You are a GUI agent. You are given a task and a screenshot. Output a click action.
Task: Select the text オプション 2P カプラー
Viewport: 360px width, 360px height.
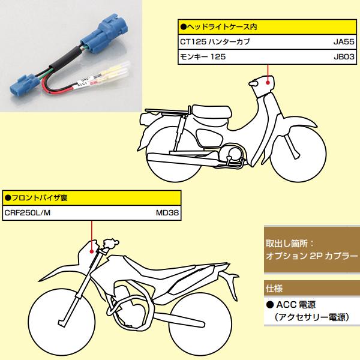[311, 256]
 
